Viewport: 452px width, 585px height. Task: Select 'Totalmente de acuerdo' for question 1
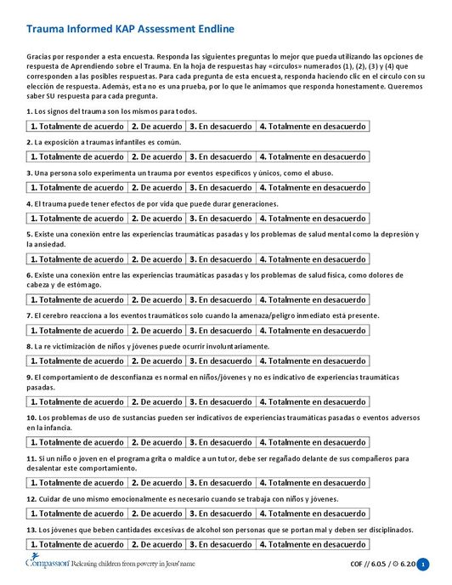tap(77, 127)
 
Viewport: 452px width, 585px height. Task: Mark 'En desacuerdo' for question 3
tap(220, 187)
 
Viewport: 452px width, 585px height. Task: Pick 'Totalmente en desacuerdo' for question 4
tap(312, 218)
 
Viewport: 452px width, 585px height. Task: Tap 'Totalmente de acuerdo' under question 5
tap(77, 258)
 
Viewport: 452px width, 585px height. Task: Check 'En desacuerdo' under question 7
tap(220, 330)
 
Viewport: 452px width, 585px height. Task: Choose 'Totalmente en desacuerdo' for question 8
tap(312, 361)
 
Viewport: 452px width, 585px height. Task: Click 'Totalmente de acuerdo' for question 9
tap(77, 401)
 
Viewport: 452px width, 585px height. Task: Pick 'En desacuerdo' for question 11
tap(220, 483)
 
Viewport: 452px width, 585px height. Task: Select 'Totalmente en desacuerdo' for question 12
tap(312, 514)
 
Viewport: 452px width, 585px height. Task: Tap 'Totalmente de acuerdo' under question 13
tap(77, 544)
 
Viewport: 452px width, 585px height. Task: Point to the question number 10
tap(31, 417)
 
